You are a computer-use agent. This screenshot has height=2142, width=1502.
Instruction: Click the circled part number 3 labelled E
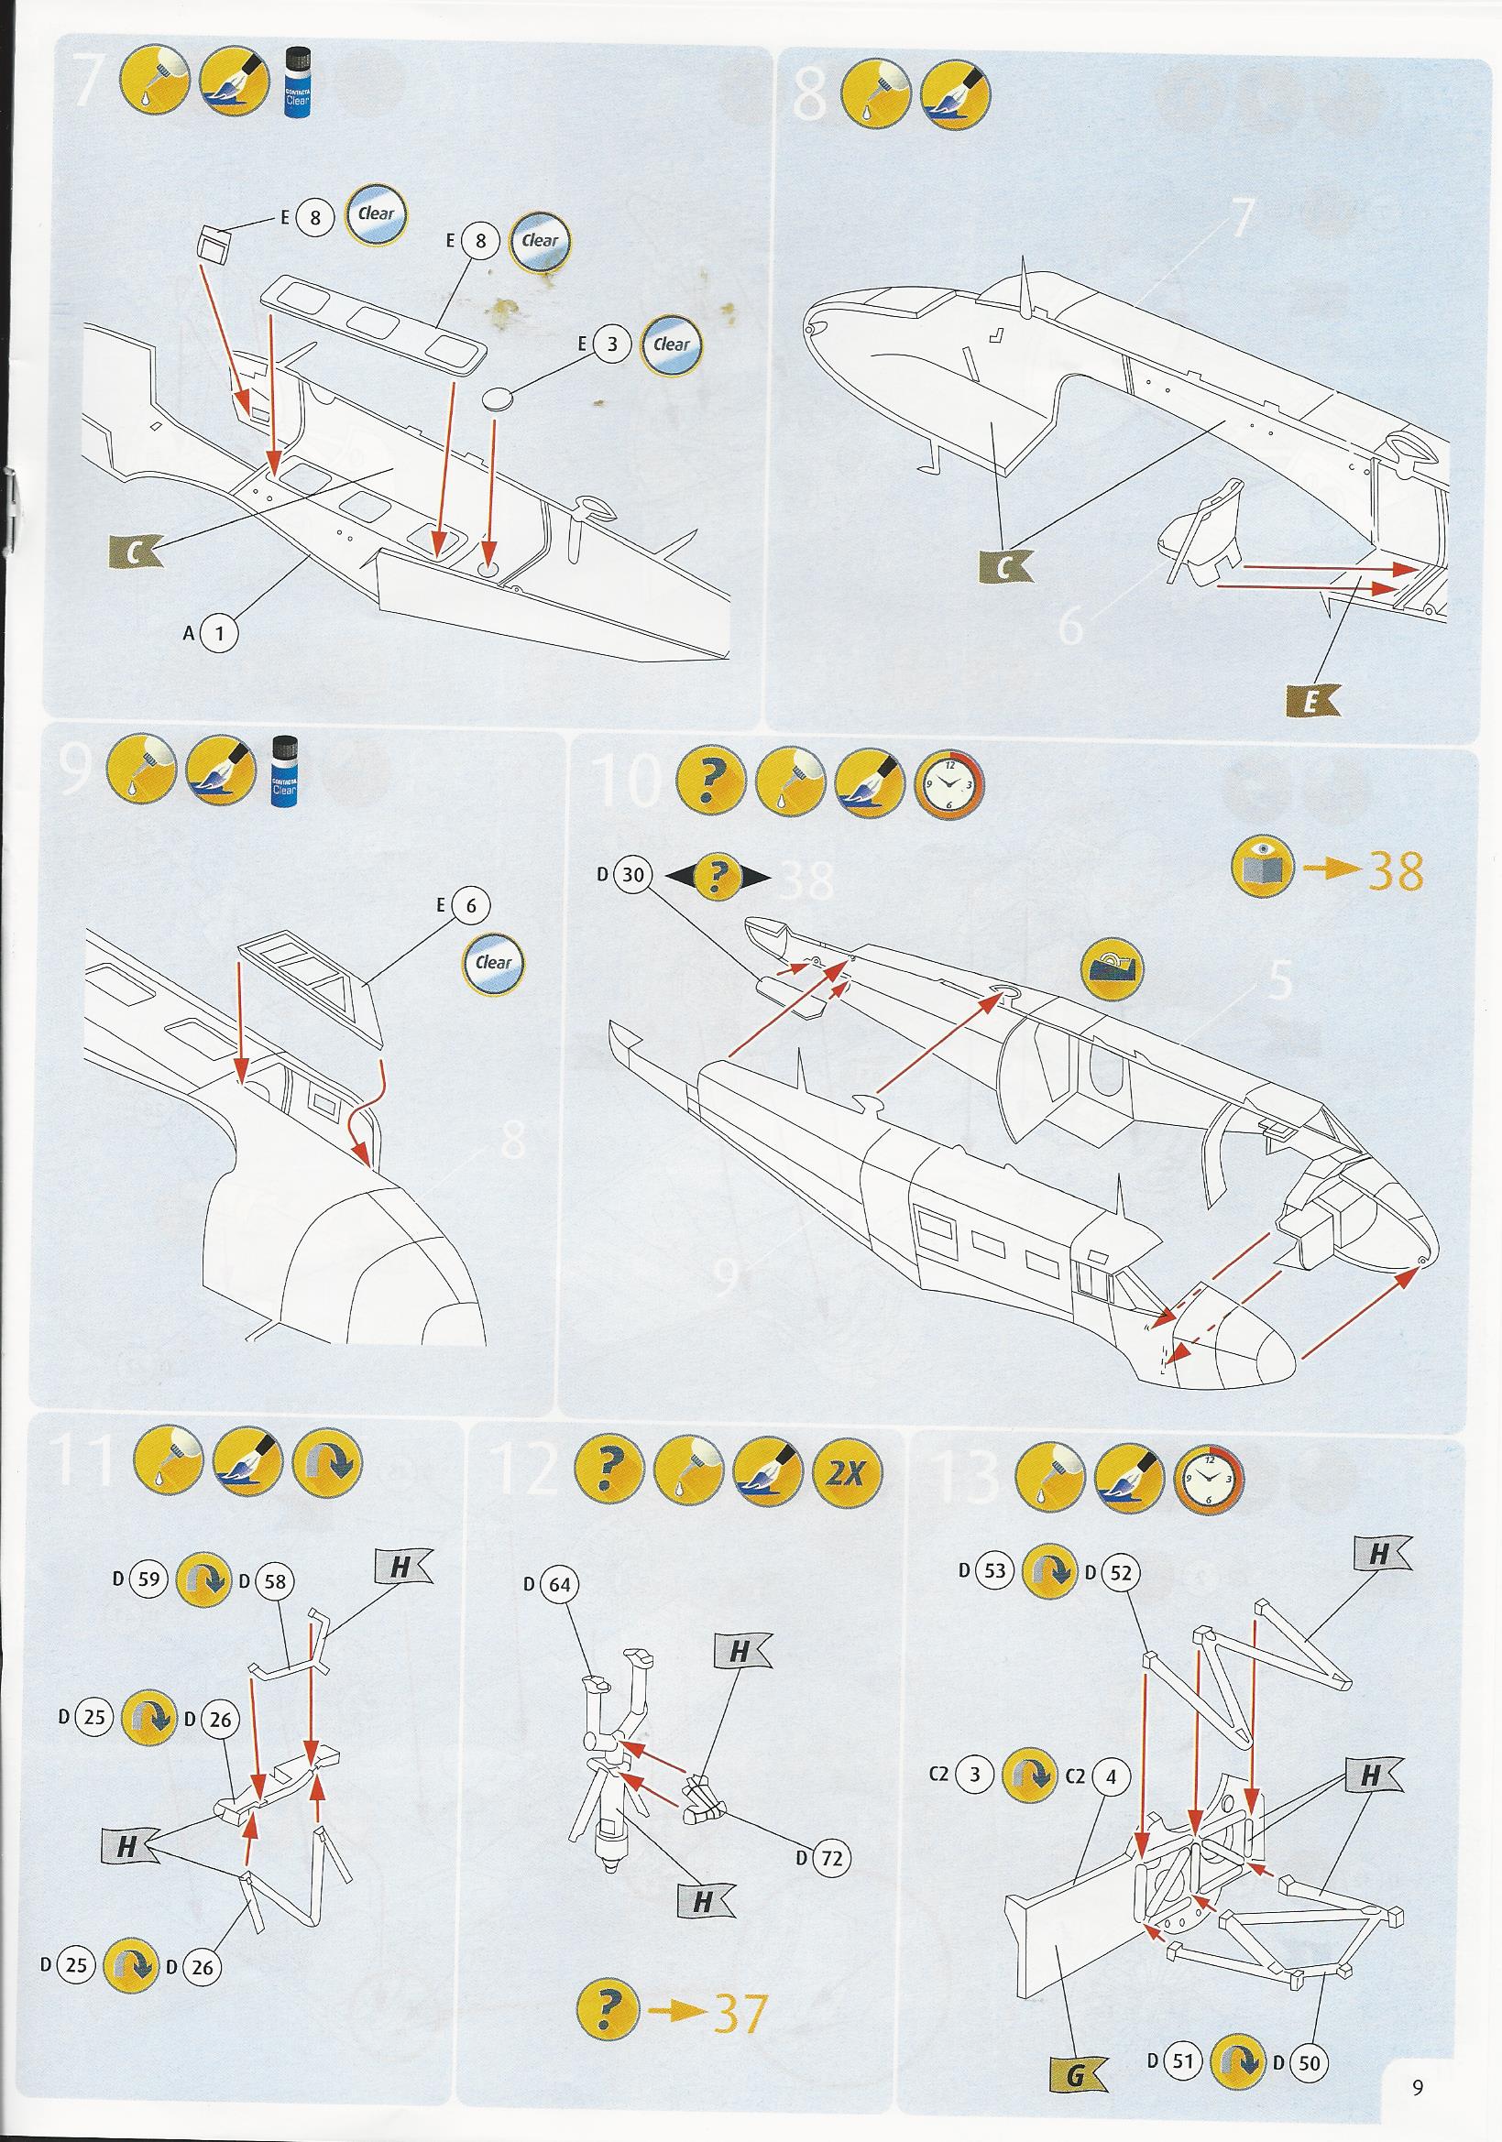pyautogui.click(x=611, y=344)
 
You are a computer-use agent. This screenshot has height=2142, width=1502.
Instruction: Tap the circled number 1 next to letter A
pyautogui.click(x=219, y=634)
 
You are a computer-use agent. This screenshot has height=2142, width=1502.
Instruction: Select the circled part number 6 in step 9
pyautogui.click(x=471, y=905)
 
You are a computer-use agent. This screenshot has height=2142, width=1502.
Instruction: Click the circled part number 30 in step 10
pyautogui.click(x=633, y=875)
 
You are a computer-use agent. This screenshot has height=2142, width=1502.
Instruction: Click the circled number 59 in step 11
pyautogui.click(x=148, y=1580)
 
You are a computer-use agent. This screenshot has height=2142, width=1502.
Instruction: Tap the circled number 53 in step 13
pyautogui.click(x=994, y=1570)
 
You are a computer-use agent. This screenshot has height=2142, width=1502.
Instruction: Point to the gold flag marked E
pyautogui.click(x=1309, y=704)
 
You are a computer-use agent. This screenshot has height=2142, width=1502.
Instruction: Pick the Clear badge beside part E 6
pyautogui.click(x=494, y=963)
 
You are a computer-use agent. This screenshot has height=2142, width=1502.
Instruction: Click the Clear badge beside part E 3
pyautogui.click(x=671, y=344)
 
